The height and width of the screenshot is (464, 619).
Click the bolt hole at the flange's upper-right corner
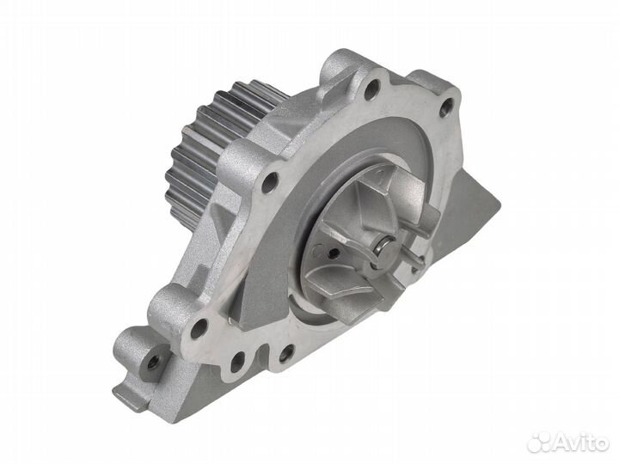tap(446, 108)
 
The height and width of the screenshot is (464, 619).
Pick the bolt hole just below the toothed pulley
tap(270, 182)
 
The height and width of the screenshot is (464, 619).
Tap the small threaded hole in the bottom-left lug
tap(154, 362)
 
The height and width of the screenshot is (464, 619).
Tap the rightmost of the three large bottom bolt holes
tap(285, 352)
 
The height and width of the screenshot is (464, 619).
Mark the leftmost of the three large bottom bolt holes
tap(199, 328)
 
